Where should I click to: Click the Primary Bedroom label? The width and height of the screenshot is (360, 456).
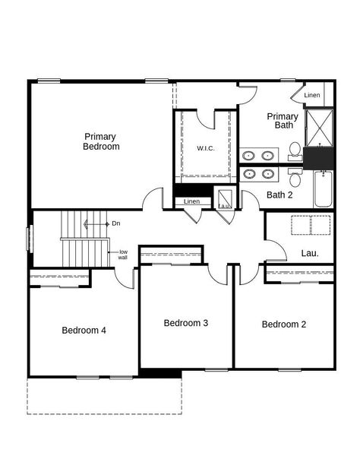coord(101,141)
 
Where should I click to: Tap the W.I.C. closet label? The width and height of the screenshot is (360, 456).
coord(205,148)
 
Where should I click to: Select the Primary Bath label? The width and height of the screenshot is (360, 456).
coord(282,121)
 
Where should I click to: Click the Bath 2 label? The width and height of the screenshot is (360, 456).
coord(279,195)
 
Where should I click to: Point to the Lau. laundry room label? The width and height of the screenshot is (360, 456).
coord(309,253)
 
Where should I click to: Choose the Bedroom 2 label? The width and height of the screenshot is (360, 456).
coord(283,325)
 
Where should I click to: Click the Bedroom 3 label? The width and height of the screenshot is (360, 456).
coord(186,323)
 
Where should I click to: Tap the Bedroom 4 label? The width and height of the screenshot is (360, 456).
coord(84,331)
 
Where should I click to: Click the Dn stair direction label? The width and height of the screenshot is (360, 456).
coord(115,223)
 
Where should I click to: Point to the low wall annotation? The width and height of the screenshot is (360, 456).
coord(122,255)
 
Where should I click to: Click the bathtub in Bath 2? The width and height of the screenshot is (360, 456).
coord(322,188)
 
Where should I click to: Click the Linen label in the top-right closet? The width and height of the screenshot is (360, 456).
coord(311,96)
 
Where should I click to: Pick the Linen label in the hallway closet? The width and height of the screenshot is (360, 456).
coord(191,201)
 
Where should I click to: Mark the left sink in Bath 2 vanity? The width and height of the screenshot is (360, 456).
coord(249,174)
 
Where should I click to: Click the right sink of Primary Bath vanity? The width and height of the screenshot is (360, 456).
coord(267,156)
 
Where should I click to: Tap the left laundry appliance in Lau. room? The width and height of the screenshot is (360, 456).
coord(302,226)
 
